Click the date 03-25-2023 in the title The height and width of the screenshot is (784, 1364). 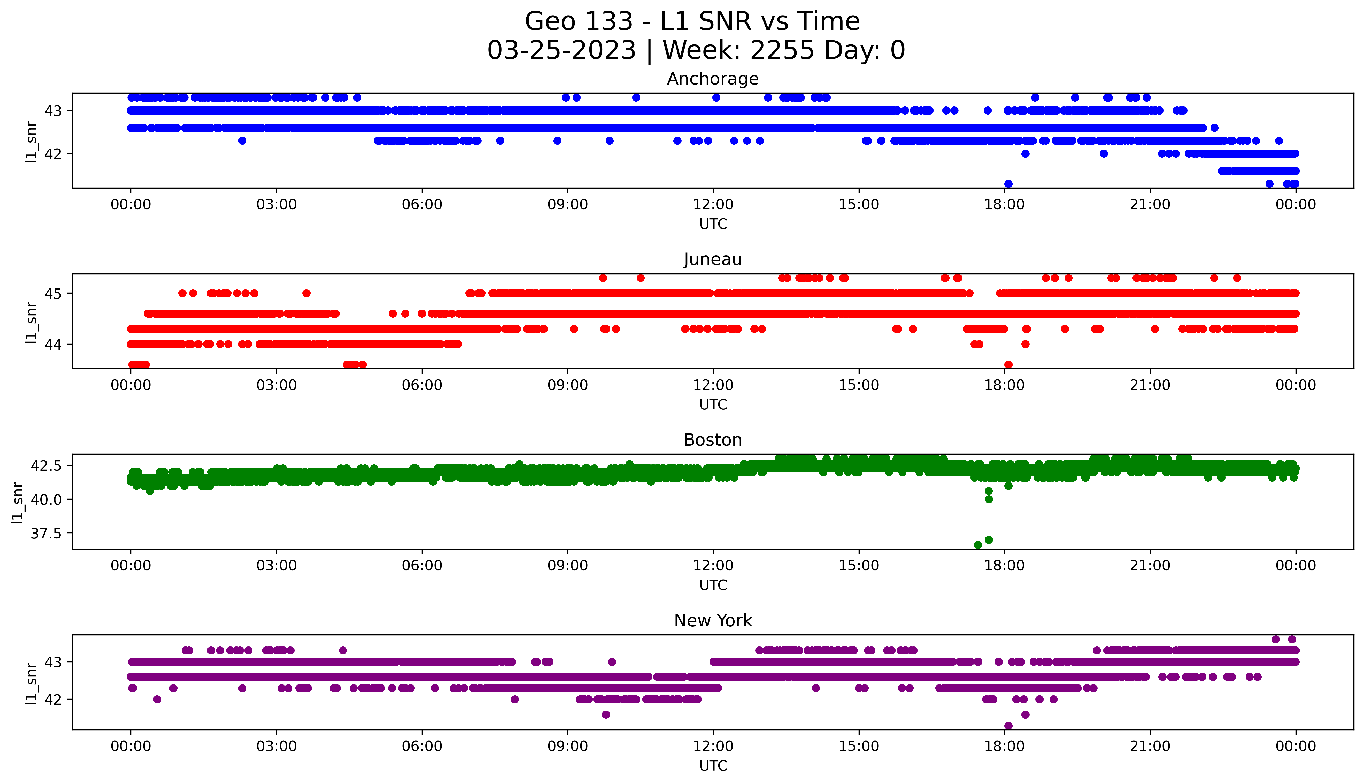pyautogui.click(x=562, y=51)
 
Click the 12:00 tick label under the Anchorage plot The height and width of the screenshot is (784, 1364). pyautogui.click(x=713, y=205)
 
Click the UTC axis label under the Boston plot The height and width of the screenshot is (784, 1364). pyautogui.click(x=713, y=585)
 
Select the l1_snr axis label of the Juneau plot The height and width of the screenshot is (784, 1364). pyautogui.click(x=31, y=322)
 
